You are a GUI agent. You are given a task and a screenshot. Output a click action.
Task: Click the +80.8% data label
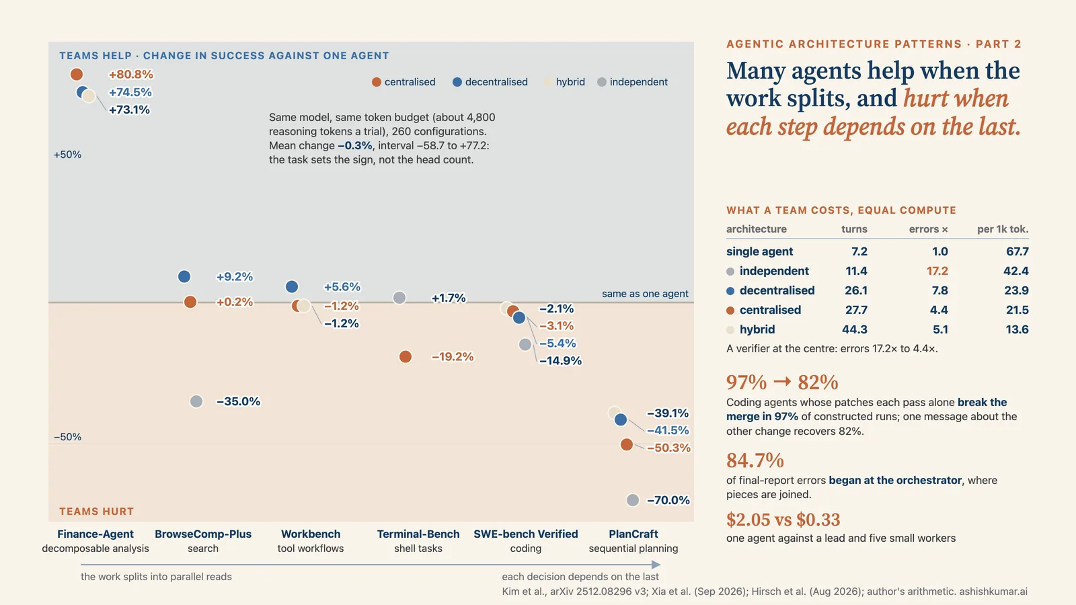(x=130, y=75)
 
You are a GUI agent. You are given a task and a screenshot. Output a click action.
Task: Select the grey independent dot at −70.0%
(x=633, y=500)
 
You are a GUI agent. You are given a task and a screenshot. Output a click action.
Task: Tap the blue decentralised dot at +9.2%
(x=184, y=276)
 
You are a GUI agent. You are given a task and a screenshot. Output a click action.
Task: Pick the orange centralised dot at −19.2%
(x=406, y=357)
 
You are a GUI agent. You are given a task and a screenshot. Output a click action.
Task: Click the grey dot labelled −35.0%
(x=196, y=401)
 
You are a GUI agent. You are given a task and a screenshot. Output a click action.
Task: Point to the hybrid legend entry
(x=565, y=82)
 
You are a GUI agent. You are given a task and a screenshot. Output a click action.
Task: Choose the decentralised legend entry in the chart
(x=490, y=82)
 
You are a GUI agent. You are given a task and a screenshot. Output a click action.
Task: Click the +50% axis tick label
(x=67, y=155)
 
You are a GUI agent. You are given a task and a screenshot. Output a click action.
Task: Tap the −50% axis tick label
(x=67, y=437)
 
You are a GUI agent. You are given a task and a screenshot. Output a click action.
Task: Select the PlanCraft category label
(x=633, y=534)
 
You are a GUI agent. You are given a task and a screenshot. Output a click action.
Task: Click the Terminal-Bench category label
(x=418, y=534)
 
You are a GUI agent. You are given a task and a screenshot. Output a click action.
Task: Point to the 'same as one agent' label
(x=645, y=294)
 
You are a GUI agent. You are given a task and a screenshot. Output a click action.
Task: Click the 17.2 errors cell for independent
(x=937, y=271)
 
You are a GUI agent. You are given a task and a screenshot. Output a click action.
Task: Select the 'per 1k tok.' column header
(x=1003, y=229)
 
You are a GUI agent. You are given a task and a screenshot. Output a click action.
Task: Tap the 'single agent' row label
(x=759, y=251)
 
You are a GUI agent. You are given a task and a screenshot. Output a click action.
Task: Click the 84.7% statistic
(x=755, y=460)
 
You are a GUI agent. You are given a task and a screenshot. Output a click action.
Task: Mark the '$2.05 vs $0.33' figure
(x=783, y=520)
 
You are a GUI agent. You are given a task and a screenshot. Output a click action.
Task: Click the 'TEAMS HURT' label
(x=97, y=512)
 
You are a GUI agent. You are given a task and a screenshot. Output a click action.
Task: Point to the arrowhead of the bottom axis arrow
(x=656, y=565)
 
